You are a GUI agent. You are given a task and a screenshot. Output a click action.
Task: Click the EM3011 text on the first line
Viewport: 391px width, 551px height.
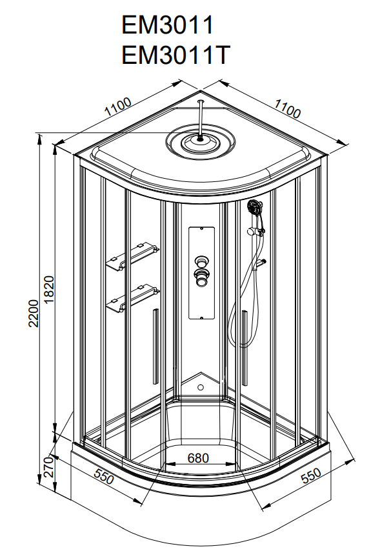click(167, 25)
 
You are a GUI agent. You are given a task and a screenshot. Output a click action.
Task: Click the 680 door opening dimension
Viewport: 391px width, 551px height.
click(198, 457)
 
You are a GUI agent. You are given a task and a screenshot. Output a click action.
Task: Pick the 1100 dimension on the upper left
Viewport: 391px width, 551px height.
click(117, 106)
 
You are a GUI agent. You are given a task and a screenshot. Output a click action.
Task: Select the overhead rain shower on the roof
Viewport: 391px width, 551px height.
click(202, 141)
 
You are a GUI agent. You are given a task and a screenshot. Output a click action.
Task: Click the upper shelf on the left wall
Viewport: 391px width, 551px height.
click(134, 255)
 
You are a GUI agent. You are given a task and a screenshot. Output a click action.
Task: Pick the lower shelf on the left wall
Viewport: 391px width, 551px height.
click(134, 297)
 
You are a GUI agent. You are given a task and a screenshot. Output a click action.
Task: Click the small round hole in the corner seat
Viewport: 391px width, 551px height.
click(200, 388)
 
